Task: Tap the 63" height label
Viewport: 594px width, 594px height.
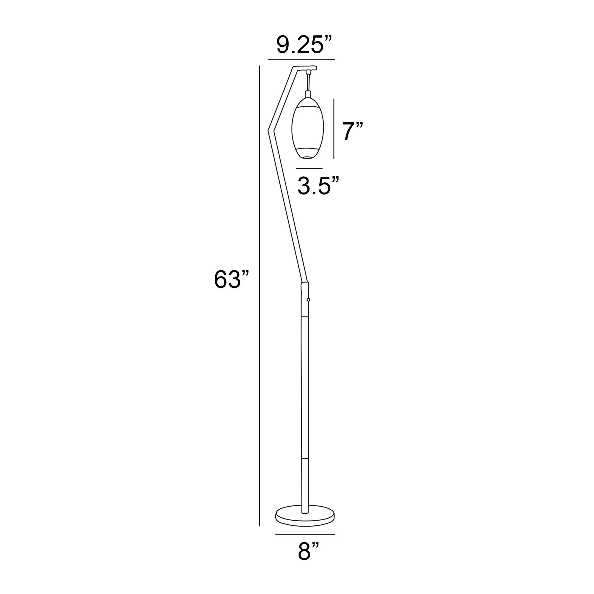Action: click(231, 279)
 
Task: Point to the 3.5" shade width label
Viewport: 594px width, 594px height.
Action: click(318, 186)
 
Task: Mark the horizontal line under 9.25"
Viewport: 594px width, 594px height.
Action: click(301, 59)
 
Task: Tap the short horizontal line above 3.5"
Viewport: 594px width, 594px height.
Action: click(309, 168)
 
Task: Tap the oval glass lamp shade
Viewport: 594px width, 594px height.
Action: click(307, 129)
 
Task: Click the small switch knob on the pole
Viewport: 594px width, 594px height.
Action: click(308, 299)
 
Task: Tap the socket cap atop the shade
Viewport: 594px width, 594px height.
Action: click(308, 94)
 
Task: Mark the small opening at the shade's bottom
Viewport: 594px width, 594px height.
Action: click(307, 157)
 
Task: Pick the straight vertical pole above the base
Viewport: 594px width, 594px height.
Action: click(305, 400)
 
